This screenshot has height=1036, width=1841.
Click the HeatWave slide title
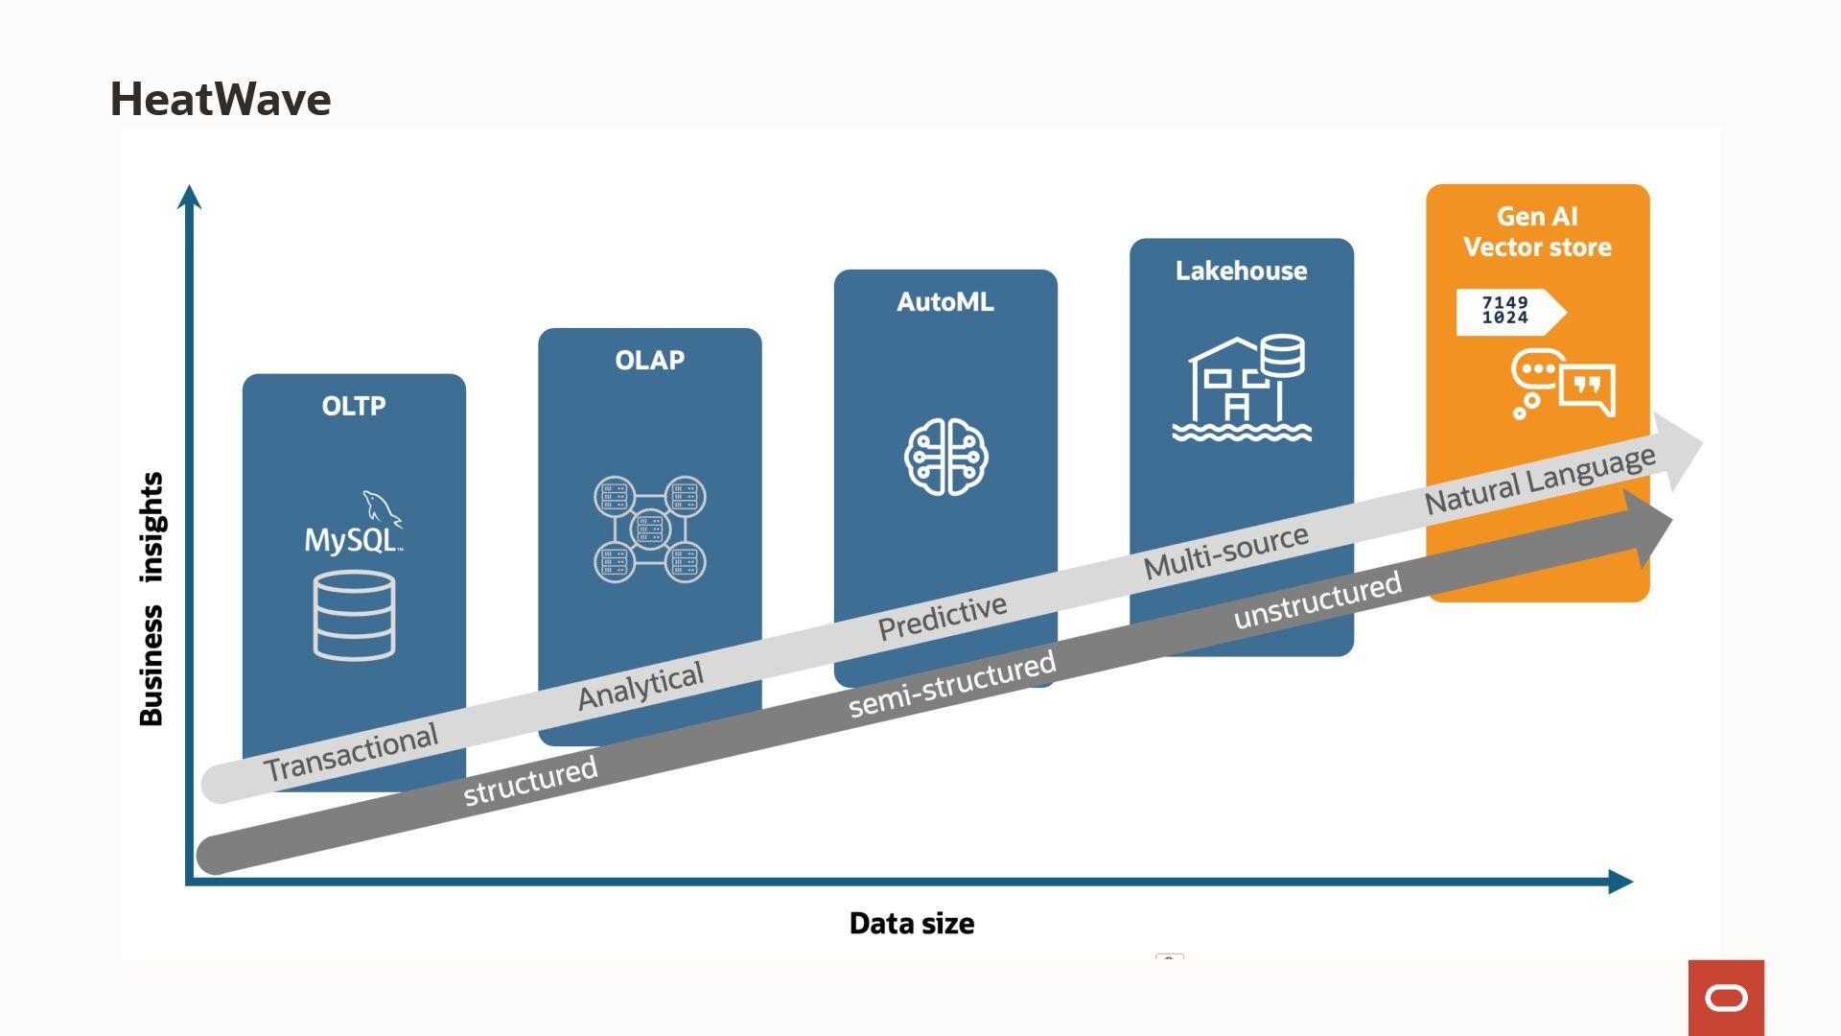tap(221, 100)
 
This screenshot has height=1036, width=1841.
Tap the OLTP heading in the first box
tap(354, 407)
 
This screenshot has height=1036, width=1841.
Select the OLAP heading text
tap(649, 361)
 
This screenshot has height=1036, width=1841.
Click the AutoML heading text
tap(944, 302)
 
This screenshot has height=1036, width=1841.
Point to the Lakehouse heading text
tap(1241, 271)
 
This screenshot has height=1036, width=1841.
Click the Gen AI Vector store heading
tap(1537, 232)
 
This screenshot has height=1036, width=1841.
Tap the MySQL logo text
tap(351, 539)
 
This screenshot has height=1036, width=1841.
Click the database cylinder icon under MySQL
tap(354, 615)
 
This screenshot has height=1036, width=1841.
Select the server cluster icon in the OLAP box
tap(649, 529)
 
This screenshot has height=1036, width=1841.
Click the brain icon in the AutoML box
tap(945, 457)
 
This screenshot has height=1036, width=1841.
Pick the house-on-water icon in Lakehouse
tap(1242, 388)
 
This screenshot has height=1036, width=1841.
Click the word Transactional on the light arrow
tap(351, 753)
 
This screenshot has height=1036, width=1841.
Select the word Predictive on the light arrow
tap(943, 617)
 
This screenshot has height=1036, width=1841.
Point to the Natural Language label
tap(1539, 480)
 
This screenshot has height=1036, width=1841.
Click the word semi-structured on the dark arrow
tap(952, 684)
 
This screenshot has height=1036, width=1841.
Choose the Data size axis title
tap(911, 924)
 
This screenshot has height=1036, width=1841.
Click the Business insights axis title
tap(151, 599)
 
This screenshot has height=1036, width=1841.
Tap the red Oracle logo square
tap(1726, 998)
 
